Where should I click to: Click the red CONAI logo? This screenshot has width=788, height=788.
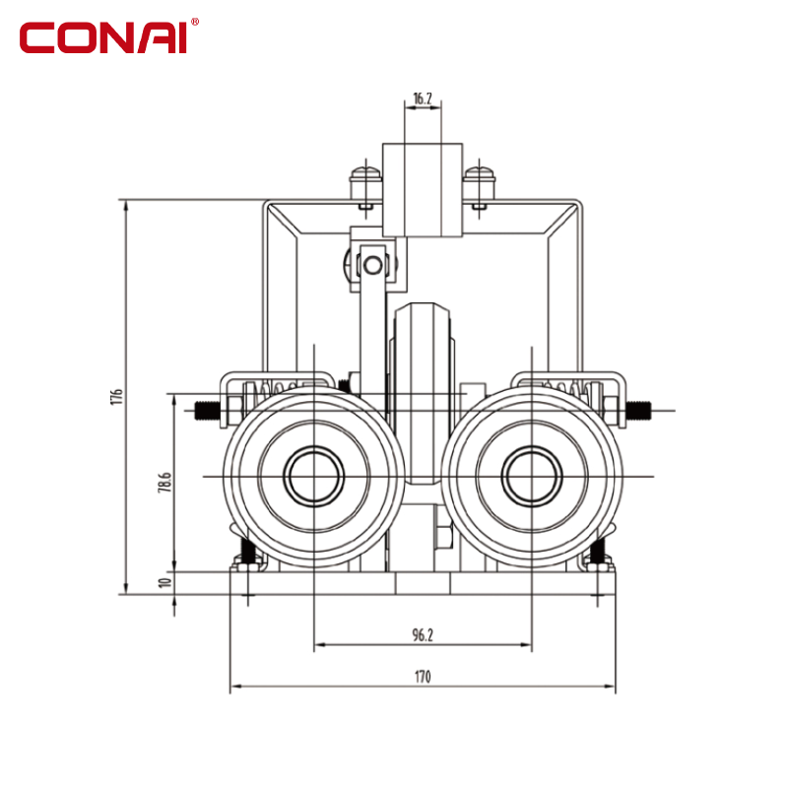tap(103, 37)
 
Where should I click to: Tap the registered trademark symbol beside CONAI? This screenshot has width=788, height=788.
tap(195, 22)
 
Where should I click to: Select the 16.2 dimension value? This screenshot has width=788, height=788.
tap(423, 98)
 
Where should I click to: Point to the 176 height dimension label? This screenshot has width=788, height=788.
tap(116, 397)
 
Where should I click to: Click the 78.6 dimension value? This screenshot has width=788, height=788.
tap(165, 482)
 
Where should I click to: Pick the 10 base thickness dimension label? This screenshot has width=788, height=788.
tap(164, 582)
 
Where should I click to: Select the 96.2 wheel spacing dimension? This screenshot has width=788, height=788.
tap(423, 634)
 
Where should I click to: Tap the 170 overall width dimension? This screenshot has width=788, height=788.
tap(423, 677)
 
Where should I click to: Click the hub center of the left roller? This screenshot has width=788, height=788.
tap(313, 476)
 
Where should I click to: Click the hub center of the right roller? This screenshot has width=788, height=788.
tap(532, 476)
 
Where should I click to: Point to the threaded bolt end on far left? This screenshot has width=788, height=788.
tap(207, 411)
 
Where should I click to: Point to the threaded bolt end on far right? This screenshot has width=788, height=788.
tap(638, 410)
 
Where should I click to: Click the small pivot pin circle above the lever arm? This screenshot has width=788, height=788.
tap(373, 265)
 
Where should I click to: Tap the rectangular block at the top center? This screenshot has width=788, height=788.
tap(423, 190)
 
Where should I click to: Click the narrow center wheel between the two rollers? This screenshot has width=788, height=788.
tap(423, 393)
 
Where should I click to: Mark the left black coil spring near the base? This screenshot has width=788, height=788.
tap(247, 552)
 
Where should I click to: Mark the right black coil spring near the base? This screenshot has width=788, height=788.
tap(598, 552)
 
